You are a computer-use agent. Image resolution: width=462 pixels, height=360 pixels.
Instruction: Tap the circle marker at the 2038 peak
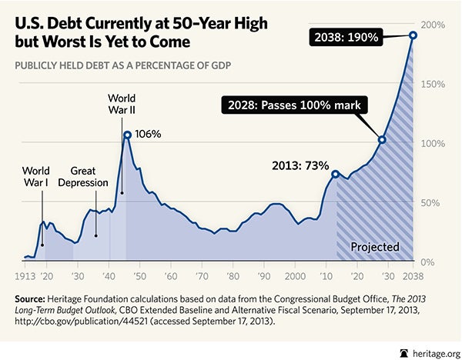click(413, 35)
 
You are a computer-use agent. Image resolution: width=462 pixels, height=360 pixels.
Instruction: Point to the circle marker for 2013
click(335, 174)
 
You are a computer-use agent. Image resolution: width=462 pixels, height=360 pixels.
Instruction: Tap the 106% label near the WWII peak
click(148, 134)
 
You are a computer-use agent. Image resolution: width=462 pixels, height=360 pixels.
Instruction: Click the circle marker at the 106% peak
click(127, 135)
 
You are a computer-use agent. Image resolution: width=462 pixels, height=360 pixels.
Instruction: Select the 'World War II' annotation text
click(122, 105)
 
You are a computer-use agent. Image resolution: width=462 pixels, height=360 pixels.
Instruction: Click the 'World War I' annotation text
click(36, 176)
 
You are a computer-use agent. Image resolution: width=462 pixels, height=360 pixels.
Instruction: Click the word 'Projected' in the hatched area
click(375, 247)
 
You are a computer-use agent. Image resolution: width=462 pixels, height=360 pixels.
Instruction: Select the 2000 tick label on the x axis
click(295, 275)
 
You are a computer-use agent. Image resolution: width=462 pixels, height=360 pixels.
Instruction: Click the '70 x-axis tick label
click(202, 275)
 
